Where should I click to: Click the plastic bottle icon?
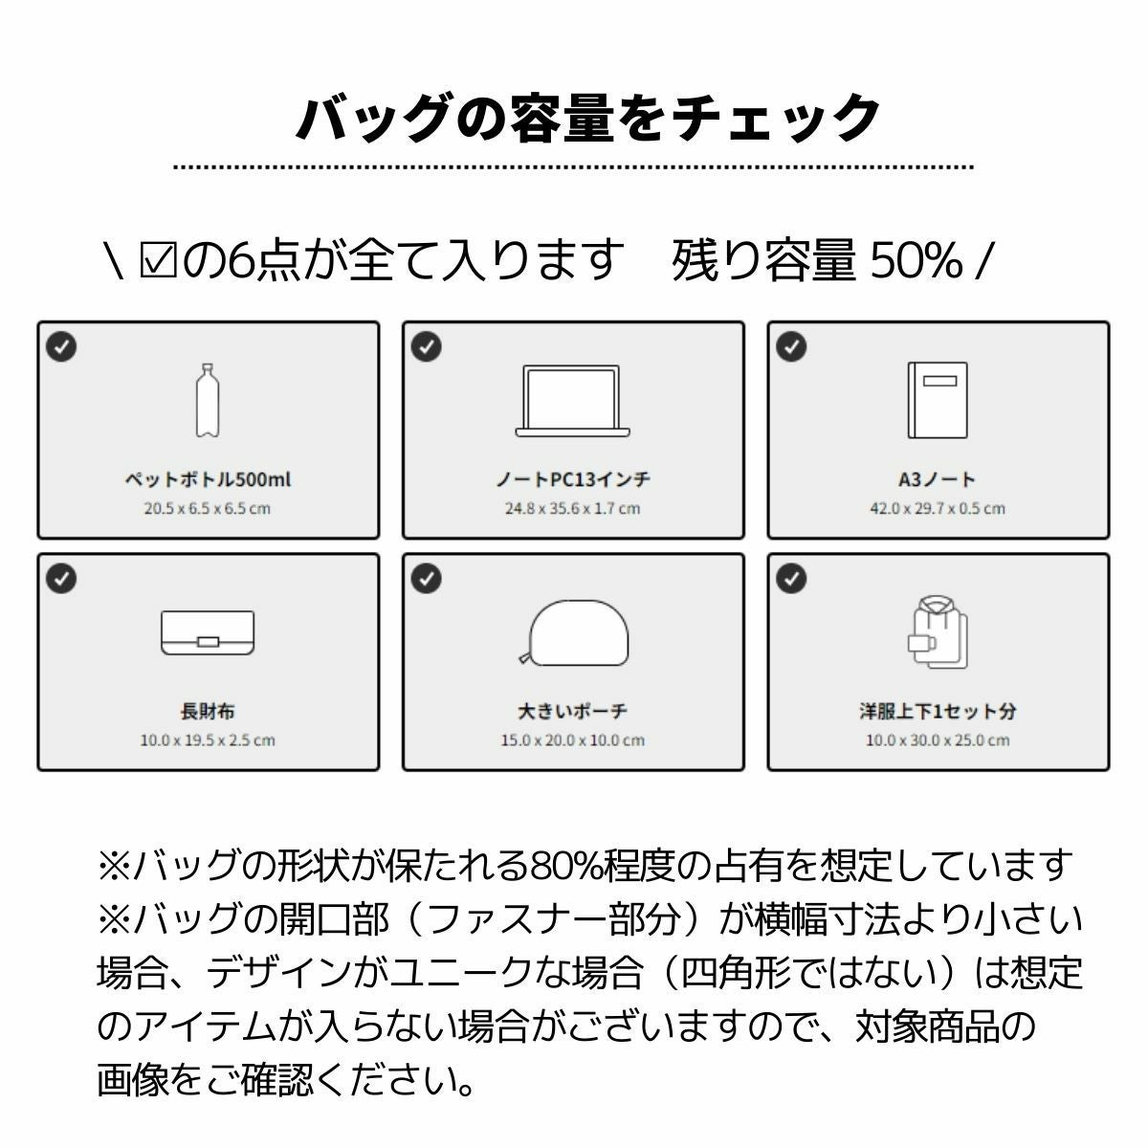208,400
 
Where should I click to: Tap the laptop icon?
572,401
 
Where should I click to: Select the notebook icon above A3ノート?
938,400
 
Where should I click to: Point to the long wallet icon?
208,632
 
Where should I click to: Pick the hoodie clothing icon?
938,632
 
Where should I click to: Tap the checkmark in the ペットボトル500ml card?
61,346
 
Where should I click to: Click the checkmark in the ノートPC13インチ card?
427,346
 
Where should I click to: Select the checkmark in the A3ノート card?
791,346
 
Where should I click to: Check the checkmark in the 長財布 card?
61,578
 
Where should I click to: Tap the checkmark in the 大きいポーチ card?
427,578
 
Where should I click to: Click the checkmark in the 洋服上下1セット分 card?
791,578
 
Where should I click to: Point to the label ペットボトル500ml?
208,479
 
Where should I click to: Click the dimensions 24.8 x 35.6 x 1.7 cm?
572,509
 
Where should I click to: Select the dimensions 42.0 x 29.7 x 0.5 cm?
938,509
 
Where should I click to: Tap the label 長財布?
208,712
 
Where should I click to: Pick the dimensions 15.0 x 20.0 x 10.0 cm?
572,740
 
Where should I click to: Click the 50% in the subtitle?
916,261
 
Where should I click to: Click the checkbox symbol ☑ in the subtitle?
158,261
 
